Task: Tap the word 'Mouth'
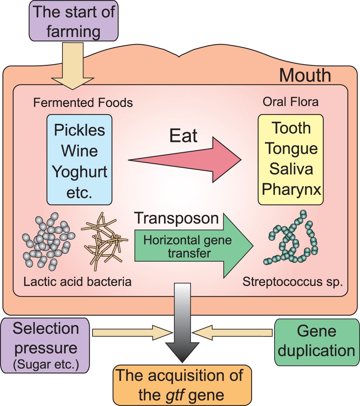(305, 75)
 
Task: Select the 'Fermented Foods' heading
(83, 103)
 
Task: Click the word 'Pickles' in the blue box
(80, 130)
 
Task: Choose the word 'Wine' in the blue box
(80, 151)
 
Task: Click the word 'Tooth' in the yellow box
(291, 128)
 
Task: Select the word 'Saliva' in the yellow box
(291, 169)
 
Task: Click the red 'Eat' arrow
(195, 160)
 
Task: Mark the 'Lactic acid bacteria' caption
(77, 281)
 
